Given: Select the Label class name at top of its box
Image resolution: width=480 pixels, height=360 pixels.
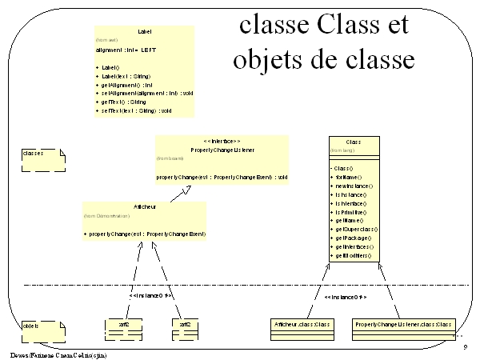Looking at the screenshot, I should click(x=145, y=31).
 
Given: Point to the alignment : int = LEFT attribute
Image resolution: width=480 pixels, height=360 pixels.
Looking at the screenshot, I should click(x=121, y=50).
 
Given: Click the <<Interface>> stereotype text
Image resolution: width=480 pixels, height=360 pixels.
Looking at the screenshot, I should click(x=222, y=141).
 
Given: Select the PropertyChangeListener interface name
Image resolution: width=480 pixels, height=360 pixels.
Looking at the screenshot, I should click(x=222, y=150).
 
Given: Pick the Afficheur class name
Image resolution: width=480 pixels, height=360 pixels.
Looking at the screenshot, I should click(x=145, y=207).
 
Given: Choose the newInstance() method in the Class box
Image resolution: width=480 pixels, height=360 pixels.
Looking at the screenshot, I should click(x=351, y=186).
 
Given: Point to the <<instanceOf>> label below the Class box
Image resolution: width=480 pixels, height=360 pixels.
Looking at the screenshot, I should click(x=345, y=296).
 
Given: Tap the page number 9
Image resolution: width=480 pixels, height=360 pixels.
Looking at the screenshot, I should click(x=465, y=346).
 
